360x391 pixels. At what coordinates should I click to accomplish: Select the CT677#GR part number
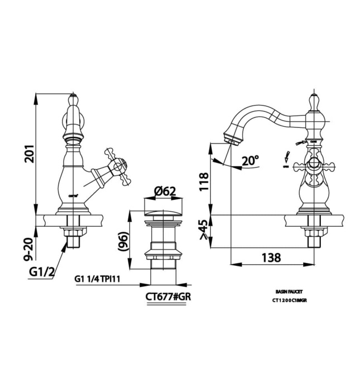coord(169,297)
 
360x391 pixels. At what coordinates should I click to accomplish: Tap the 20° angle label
coord(251,161)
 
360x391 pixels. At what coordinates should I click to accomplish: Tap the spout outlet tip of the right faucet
coord(231,137)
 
